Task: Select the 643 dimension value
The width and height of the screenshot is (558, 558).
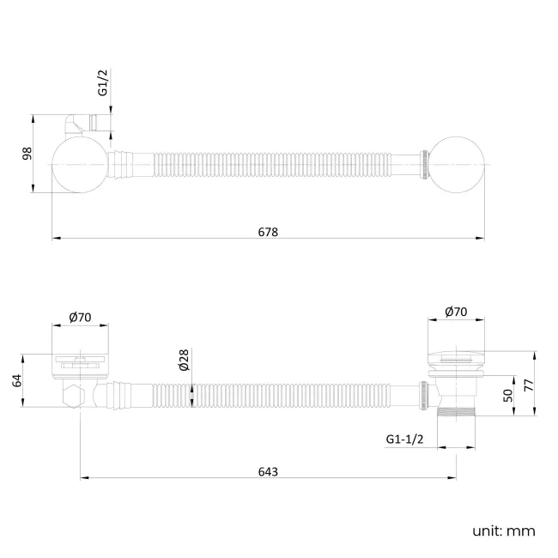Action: tap(267, 471)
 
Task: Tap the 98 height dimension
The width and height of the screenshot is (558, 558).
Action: tap(27, 153)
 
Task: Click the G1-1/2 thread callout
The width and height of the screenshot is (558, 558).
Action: tap(403, 440)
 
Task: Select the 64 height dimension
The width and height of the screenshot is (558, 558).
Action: tap(16, 379)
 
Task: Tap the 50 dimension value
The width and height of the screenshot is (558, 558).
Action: tap(507, 395)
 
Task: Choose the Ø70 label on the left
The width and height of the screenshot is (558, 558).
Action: tap(80, 318)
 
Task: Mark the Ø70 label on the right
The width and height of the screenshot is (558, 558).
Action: tap(456, 313)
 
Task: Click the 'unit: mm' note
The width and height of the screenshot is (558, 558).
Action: tap(503, 531)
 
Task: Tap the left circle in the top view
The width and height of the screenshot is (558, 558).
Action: tap(80, 165)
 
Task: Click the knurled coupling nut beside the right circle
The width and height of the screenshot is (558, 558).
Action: tap(424, 164)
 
